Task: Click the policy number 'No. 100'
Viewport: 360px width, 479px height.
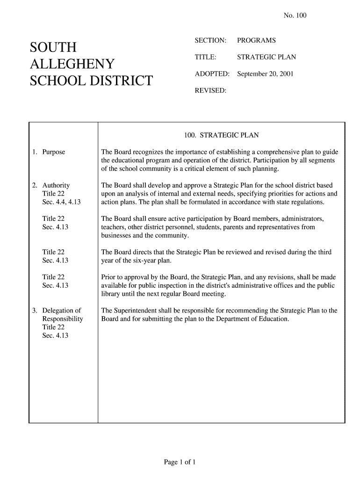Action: [x=295, y=16]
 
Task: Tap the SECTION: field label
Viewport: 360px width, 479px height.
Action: [x=210, y=41]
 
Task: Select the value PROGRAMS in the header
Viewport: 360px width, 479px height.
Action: [x=256, y=41]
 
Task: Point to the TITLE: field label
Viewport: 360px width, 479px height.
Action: [x=205, y=58]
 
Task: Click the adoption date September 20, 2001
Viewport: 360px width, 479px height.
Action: [x=265, y=74]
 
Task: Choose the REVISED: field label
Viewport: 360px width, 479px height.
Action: [x=210, y=90]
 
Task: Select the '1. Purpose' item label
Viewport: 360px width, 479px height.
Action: [x=49, y=152]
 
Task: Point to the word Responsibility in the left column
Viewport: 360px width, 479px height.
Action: [x=63, y=319]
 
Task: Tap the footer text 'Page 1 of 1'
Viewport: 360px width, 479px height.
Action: [x=180, y=463]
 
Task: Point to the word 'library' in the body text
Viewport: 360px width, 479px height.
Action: [x=111, y=294]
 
